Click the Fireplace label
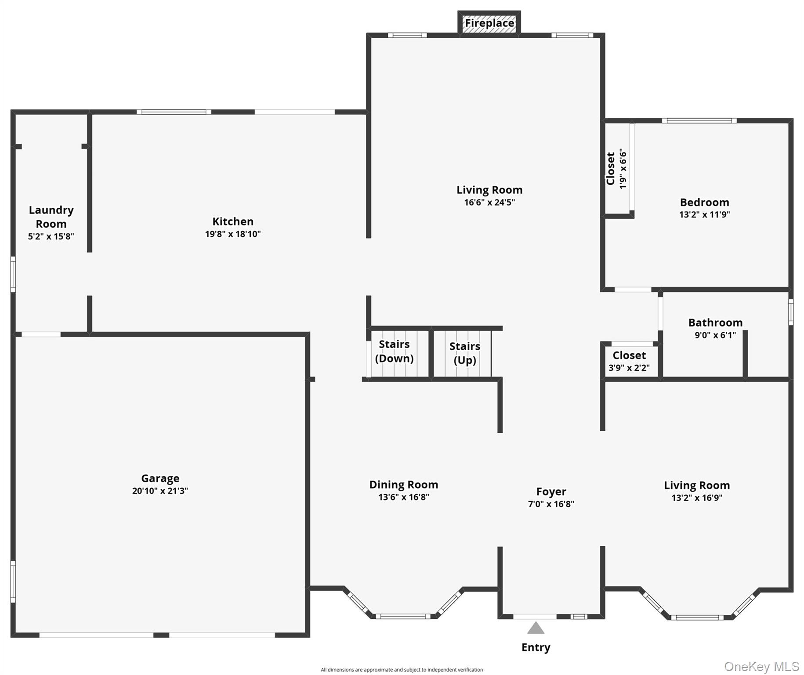pos(489,23)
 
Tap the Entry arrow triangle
pos(536,628)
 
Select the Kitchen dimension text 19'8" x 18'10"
pos(233,234)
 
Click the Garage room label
pos(160,478)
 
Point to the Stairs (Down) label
pos(394,351)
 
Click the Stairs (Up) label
pos(465,353)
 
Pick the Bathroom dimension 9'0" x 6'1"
pos(715,335)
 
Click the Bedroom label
pos(704,202)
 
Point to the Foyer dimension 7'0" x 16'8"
pos(551,504)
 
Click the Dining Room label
pos(403,484)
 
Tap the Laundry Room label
pos(51,217)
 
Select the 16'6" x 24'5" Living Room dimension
pos(489,203)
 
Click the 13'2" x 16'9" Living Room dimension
pos(697,498)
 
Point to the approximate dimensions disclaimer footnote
pos(402,670)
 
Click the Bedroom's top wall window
pos(699,120)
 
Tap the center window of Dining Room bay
pos(403,616)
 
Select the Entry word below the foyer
pos(536,647)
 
